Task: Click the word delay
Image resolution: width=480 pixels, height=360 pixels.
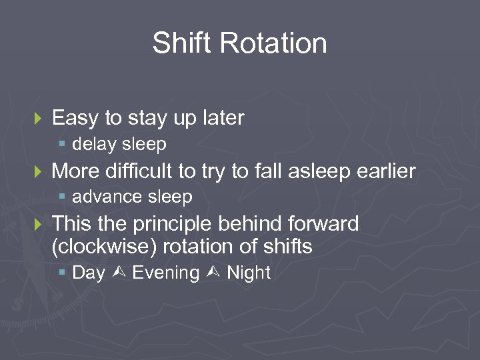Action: tap(95, 144)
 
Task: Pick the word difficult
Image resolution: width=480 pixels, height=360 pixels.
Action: tap(141, 172)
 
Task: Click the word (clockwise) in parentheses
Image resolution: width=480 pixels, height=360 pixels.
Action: tap(104, 247)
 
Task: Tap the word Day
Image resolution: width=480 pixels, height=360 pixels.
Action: tap(88, 273)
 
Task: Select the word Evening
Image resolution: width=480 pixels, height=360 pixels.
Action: tap(166, 273)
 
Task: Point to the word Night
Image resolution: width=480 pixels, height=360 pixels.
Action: tap(249, 273)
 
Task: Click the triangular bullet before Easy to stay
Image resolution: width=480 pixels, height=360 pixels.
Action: tap(37, 119)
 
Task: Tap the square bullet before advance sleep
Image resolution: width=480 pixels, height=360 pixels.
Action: tap(62, 197)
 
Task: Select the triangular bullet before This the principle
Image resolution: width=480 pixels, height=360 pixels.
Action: tap(37, 225)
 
